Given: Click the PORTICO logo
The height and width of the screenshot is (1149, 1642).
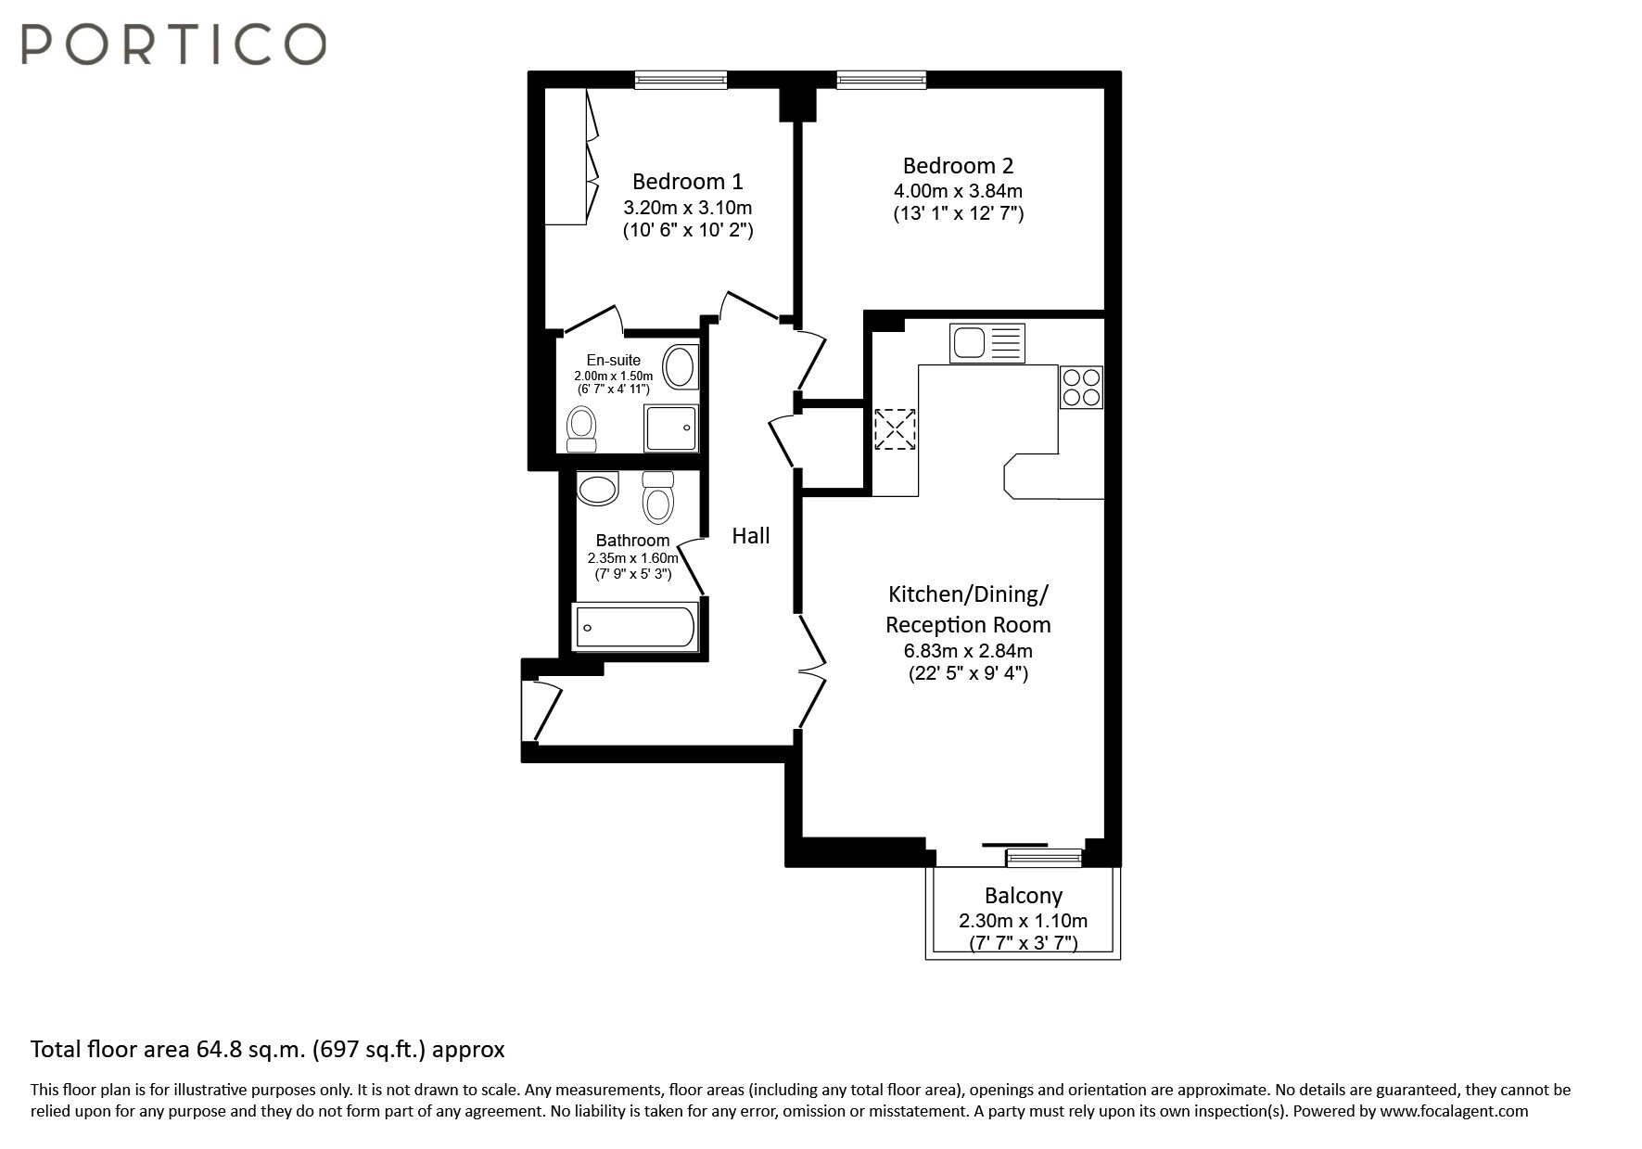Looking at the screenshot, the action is [173, 44].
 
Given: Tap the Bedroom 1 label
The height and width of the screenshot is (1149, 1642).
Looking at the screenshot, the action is [687, 181].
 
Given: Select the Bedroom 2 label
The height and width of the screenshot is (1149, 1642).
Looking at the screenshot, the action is [958, 166].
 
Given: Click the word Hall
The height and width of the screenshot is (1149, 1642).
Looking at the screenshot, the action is [751, 535].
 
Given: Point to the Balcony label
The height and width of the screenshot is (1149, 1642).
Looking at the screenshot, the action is [1023, 896].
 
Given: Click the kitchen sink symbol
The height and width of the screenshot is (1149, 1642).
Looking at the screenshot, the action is [986, 342].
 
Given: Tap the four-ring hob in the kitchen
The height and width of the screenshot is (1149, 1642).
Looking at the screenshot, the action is [1081, 387].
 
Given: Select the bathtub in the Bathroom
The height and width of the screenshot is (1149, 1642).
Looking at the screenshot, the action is [635, 627].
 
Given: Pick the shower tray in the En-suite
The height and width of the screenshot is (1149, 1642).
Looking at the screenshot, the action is [671, 428].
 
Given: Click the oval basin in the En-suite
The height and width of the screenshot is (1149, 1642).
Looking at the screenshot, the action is [681, 367].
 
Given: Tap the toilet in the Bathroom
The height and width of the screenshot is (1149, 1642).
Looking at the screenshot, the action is [658, 497].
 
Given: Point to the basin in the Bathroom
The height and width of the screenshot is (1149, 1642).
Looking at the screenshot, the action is [597, 489].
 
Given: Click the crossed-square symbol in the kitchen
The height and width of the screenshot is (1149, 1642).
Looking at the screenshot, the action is [895, 429].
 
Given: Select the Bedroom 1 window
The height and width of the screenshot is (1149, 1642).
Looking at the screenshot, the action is [681, 82].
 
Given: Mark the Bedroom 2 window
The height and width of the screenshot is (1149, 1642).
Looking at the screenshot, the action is [882, 82].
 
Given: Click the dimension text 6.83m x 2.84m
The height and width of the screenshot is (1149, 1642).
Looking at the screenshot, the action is [968, 651].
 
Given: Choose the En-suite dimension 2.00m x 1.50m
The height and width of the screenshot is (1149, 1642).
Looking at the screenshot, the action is [613, 377].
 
